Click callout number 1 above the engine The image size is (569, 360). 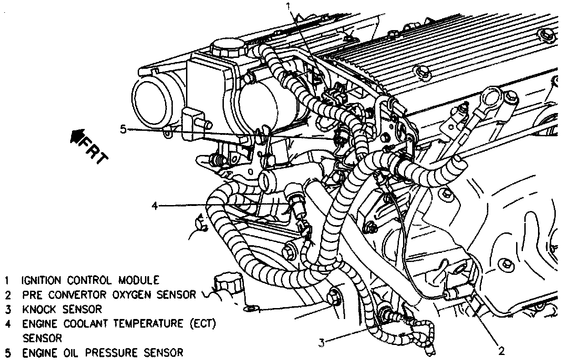(x=288, y=6)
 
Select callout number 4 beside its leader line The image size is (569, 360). (x=155, y=206)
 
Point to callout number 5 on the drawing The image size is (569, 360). (x=123, y=129)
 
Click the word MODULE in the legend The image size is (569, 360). (x=139, y=279)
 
